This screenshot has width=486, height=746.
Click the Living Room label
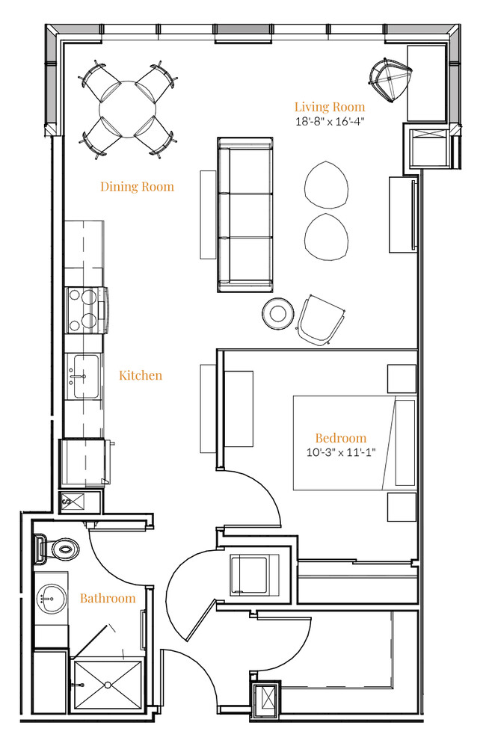pyautogui.click(x=330, y=107)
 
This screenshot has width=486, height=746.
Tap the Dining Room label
pyautogui.click(x=137, y=187)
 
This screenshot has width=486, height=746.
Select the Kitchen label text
pyautogui.click(x=141, y=375)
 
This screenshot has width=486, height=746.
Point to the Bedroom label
pyautogui.click(x=341, y=438)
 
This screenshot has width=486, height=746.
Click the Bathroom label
pyautogui.click(x=108, y=598)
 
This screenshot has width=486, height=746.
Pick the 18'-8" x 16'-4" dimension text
pyautogui.click(x=330, y=121)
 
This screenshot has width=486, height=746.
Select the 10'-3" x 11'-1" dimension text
pyautogui.click(x=341, y=452)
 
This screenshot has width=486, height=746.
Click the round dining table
pyautogui.click(x=128, y=109)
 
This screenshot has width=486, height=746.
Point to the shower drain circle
pyautogui.click(x=108, y=685)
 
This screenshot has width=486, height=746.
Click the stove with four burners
pyautogui.click(x=86, y=310)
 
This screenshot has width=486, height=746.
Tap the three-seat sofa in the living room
pyautogui.click(x=245, y=215)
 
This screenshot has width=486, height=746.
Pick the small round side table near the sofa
pyautogui.click(x=278, y=313)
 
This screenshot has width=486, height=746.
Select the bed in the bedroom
pyautogui.click(x=354, y=443)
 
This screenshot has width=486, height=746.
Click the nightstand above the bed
pyautogui.click(x=402, y=379)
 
